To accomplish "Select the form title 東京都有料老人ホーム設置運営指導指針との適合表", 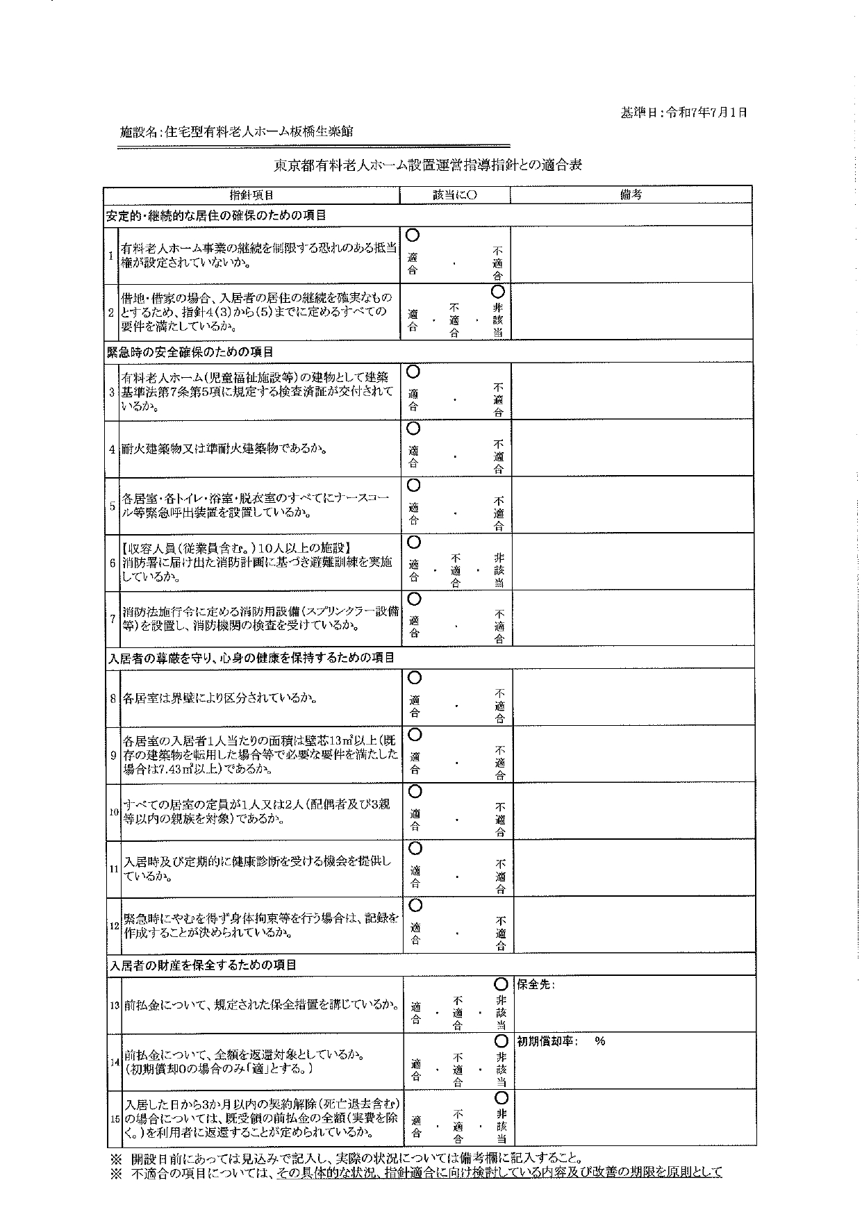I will (427, 165).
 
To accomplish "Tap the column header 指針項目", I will (251, 195).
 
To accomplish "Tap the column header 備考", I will (631, 195).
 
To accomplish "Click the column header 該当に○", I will (455, 195).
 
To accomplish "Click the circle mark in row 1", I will (413, 235).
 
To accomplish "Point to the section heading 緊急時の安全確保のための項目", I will (190, 352).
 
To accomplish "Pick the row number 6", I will (113, 563).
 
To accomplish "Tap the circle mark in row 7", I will (414, 598).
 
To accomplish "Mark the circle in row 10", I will (415, 790).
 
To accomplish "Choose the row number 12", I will (115, 926).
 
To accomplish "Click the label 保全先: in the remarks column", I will (536, 985).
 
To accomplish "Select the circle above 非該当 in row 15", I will (501, 1097).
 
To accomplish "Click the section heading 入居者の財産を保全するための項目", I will (202, 965).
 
